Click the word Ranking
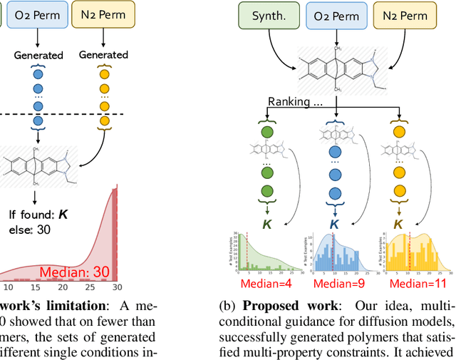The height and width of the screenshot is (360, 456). coord(290,102)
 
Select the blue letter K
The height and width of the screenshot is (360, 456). coord(333,223)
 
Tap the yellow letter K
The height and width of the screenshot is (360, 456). coord(398,223)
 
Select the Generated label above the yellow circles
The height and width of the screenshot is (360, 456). coord(103,55)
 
